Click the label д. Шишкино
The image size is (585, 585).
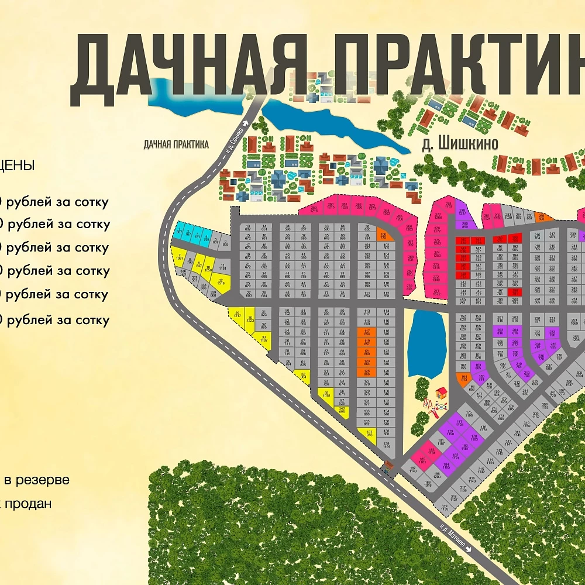pyautogui.click(x=460, y=144)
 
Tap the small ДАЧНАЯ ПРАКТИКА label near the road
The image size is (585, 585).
pyautogui.click(x=176, y=144)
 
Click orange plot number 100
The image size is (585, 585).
pyautogui.click(x=383, y=235)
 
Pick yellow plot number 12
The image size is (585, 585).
pyautogui.click(x=221, y=283)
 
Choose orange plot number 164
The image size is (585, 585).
pyautogui.click(x=463, y=378)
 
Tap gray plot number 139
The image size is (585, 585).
pyautogui.click(x=386, y=446)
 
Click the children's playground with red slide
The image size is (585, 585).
pyautogui.click(x=437, y=401)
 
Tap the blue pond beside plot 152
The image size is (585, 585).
pyautogui.click(x=426, y=344)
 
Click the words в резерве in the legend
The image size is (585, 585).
pyautogui.click(x=37, y=480)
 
